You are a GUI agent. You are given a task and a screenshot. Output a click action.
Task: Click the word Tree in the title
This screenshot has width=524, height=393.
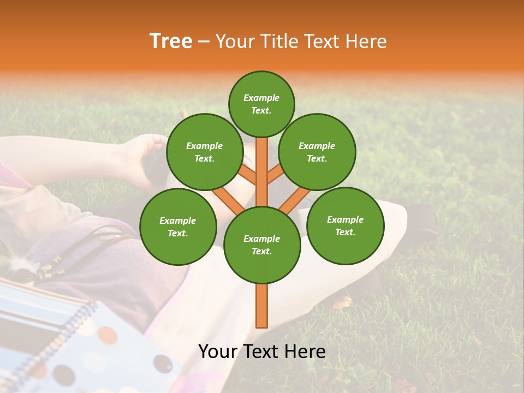170,41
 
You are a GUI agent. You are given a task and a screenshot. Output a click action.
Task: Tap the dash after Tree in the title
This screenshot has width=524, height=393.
204,42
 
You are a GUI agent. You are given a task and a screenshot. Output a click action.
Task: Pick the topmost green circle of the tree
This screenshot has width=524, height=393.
261,104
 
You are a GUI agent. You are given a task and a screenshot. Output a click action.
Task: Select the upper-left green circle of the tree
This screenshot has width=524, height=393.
205,152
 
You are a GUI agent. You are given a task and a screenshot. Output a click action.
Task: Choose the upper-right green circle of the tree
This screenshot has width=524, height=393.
317,152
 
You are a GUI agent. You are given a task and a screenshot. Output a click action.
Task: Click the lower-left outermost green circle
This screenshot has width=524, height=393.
178,227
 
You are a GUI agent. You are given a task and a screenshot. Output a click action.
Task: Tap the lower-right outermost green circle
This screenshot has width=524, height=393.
345,225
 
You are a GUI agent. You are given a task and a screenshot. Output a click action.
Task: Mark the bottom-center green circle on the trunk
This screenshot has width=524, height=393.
262,245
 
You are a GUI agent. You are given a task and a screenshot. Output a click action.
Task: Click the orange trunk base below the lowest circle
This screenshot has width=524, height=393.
261,306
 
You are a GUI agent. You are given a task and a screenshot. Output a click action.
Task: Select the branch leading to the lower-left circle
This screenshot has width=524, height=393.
228,199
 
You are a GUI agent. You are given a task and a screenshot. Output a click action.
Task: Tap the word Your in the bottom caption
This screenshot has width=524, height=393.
218,352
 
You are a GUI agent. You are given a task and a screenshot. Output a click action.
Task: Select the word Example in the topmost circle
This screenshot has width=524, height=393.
261,98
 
